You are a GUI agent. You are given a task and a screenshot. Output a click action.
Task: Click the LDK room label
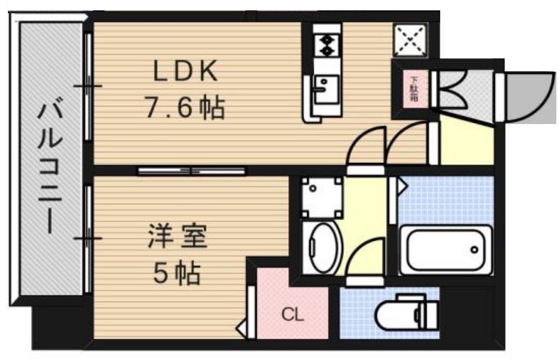click(x=184, y=72)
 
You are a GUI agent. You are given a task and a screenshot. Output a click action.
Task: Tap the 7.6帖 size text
click(x=184, y=108)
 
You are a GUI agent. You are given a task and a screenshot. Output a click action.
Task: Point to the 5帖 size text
click(x=177, y=274)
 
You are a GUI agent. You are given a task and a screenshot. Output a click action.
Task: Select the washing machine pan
click(x=321, y=197)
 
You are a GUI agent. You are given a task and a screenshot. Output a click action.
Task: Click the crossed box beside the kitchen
click(x=411, y=40)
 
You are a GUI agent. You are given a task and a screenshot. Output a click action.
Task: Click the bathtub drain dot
click(x=474, y=249)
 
